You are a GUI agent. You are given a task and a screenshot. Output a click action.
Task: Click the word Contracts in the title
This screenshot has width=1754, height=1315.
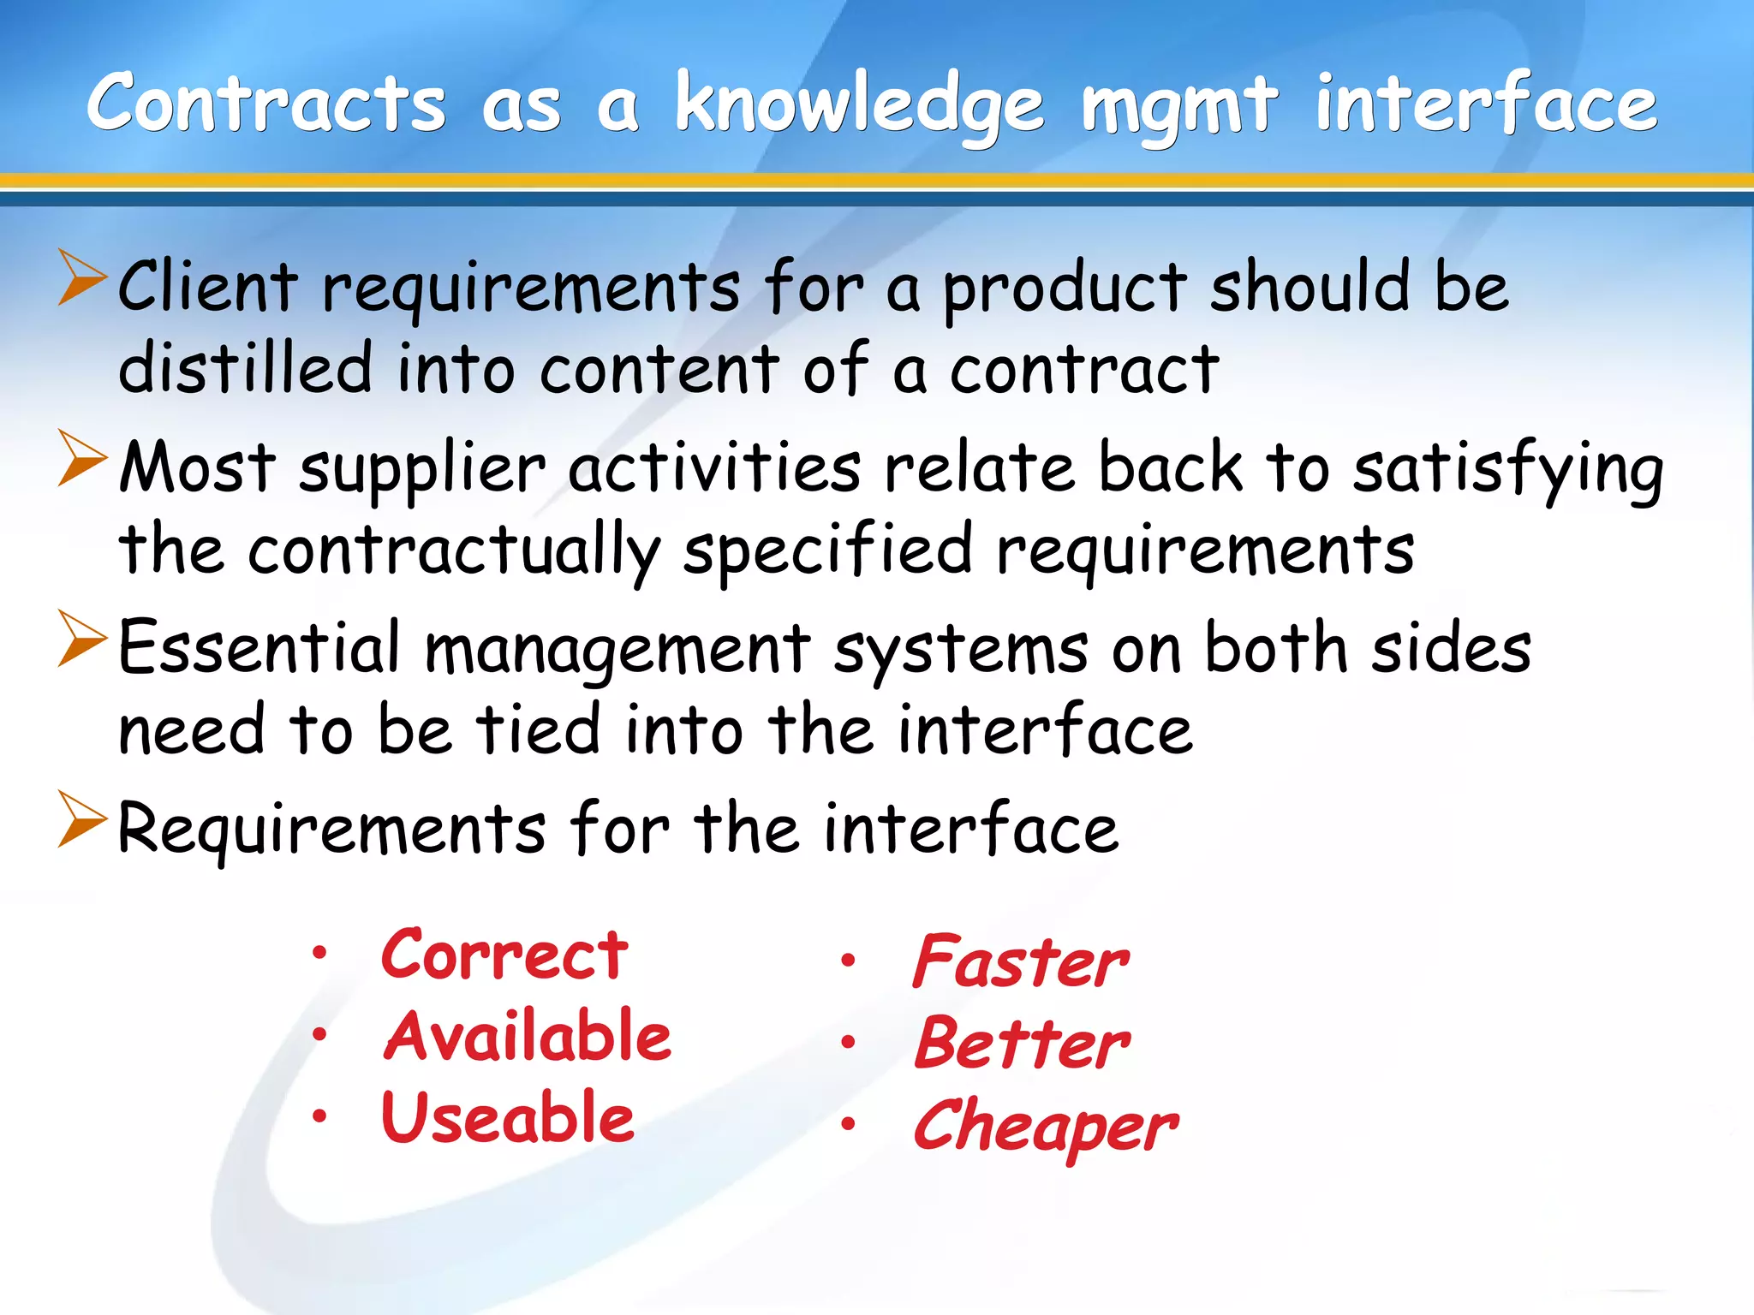coord(266,104)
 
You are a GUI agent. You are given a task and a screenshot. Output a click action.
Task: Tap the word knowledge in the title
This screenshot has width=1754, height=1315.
coord(859,107)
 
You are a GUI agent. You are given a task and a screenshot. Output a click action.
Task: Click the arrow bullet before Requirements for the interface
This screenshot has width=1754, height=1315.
coord(82,819)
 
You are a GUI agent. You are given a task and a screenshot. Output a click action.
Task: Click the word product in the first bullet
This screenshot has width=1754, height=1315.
coord(1065,289)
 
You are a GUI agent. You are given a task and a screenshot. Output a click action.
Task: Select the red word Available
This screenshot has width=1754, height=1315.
coord(527,1036)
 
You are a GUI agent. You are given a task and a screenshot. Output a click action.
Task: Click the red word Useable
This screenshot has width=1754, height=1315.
coord(508,1117)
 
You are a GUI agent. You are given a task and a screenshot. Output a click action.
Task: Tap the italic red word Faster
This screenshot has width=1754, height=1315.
coord(1021,961)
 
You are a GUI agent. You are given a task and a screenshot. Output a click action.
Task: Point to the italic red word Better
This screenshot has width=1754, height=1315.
coord(1023,1044)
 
